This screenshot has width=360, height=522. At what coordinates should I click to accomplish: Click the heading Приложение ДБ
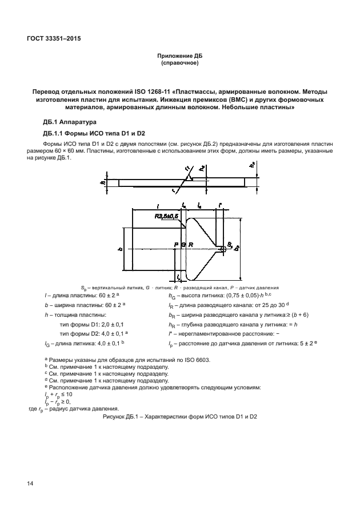point(180,55)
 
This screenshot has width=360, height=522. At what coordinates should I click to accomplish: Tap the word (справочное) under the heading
point(180,62)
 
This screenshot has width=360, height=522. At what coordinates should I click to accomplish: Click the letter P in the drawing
point(176,245)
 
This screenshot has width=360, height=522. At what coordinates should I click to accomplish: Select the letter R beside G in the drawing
point(191,245)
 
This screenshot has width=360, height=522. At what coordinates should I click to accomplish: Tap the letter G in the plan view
point(183,245)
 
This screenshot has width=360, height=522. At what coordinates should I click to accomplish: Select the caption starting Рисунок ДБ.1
point(180,416)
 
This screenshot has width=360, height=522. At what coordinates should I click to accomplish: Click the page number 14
point(30,484)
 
